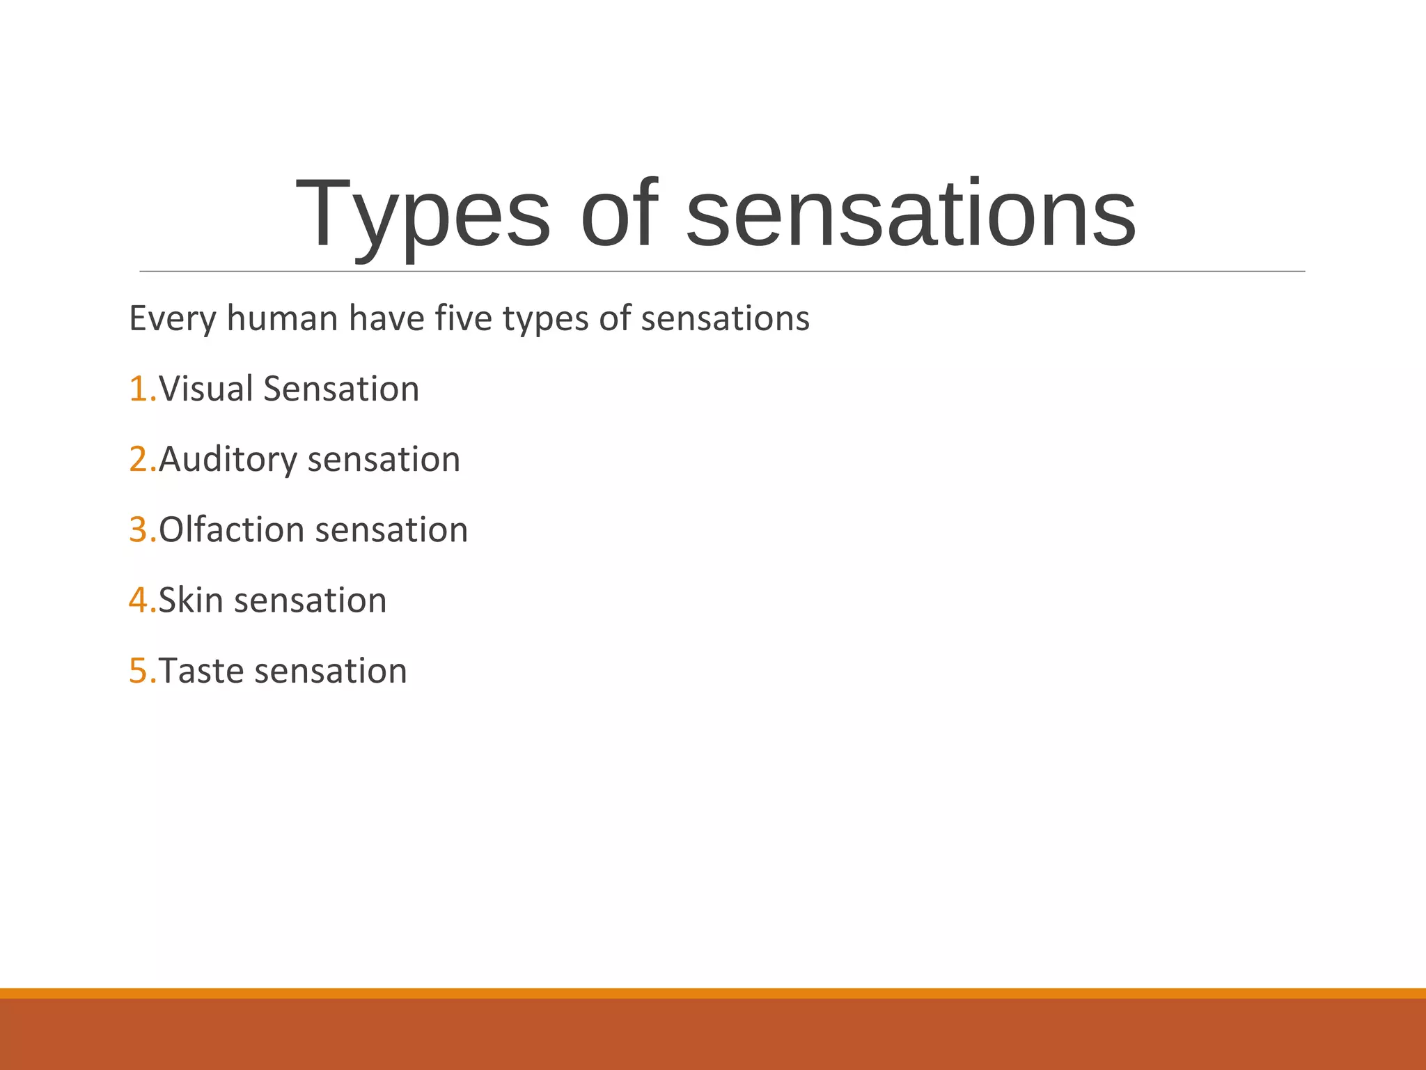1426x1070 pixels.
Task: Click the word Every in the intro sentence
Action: click(173, 319)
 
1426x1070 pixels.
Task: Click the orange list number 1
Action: click(139, 389)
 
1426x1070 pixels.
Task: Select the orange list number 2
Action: click(139, 460)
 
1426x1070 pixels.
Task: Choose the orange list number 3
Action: click(139, 530)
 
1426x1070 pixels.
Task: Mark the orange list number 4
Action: click(139, 600)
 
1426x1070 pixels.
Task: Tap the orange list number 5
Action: click(139, 671)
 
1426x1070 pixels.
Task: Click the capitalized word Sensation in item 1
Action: click(341, 389)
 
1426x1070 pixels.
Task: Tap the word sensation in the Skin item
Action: click(310, 600)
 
